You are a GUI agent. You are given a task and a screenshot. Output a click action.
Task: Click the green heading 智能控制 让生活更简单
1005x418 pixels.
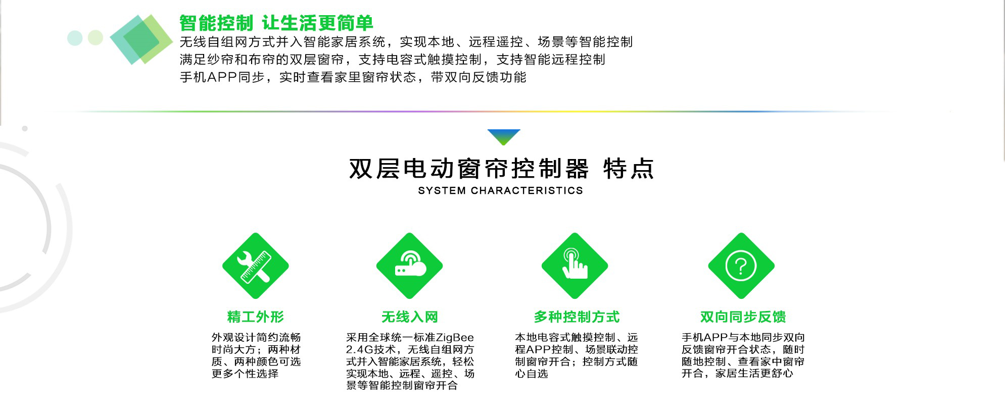[276, 23]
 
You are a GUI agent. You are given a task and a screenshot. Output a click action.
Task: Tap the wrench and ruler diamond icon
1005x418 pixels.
[256, 266]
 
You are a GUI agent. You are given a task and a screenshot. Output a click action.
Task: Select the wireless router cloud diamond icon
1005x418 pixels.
[410, 266]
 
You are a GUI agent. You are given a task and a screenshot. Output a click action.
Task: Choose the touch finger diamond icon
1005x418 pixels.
[575, 266]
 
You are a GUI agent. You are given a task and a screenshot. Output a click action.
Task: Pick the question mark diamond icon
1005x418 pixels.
[741, 266]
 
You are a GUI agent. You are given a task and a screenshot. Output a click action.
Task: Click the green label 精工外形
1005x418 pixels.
[256, 317]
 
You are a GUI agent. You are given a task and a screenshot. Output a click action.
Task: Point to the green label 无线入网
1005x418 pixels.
[410, 317]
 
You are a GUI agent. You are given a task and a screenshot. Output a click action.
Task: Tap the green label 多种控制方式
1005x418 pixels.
[577, 317]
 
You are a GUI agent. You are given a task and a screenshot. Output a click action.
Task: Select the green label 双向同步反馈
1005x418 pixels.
[743, 317]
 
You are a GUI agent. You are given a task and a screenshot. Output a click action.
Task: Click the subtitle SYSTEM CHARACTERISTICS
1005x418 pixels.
[501, 191]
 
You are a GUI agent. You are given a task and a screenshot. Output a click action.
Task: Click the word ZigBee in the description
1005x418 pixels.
[455, 337]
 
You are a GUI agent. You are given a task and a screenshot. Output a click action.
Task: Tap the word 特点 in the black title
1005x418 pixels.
[629, 169]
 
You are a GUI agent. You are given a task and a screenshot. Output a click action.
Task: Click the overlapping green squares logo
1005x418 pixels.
[141, 39]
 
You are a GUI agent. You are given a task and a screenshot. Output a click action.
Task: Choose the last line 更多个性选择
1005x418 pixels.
[245, 374]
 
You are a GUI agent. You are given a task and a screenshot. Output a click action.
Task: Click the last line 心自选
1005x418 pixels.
[532, 374]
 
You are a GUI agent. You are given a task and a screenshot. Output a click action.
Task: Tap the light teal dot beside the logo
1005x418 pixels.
[75, 38]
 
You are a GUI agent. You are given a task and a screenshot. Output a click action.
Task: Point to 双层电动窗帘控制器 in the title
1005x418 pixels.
[469, 169]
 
